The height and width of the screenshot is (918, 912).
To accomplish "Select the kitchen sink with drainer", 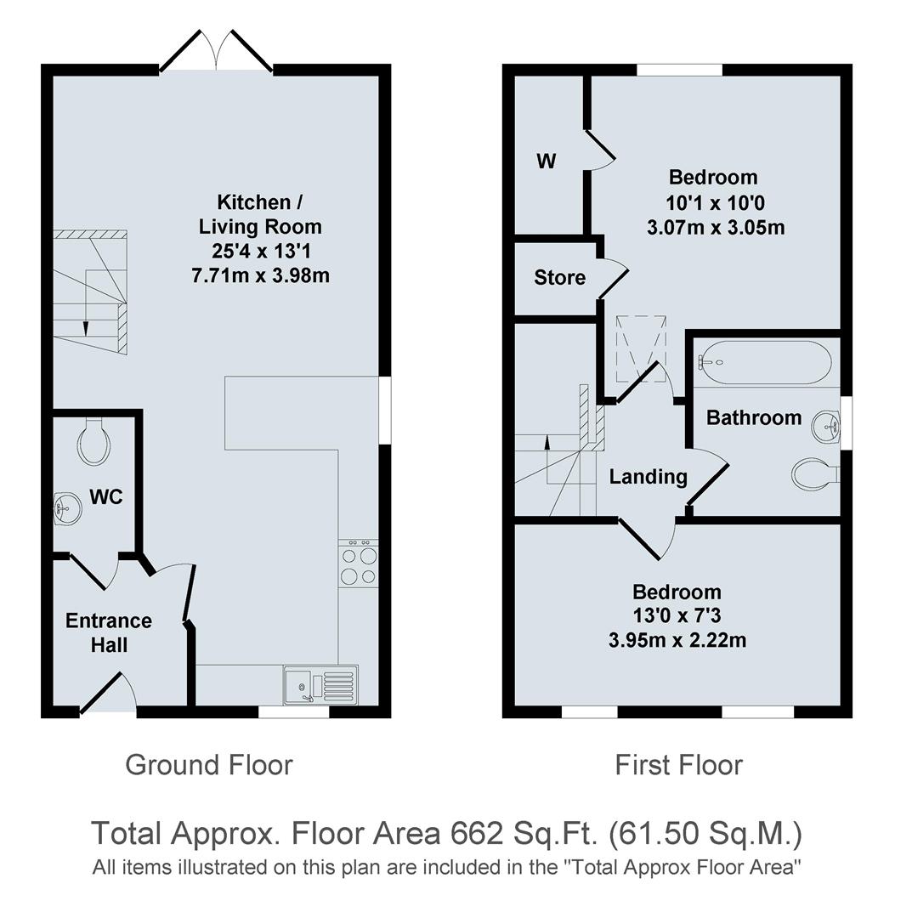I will [320, 685].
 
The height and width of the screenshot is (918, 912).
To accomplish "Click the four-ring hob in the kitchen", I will [358, 564].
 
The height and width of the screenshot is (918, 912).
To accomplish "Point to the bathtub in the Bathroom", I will [763, 362].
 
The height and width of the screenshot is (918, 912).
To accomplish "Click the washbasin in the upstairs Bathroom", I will [826, 426].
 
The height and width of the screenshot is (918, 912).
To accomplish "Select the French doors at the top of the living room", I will [216, 52].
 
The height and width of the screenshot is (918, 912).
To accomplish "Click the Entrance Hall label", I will [109, 632].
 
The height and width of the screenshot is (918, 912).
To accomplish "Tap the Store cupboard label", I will [559, 277].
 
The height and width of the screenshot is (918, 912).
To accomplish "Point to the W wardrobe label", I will [547, 161].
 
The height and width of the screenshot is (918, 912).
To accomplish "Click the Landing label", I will [648, 476].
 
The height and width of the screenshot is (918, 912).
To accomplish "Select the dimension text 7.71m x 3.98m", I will [260, 275].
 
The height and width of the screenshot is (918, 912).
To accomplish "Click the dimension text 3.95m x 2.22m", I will [677, 640].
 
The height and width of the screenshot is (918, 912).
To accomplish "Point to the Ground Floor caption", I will [208, 764].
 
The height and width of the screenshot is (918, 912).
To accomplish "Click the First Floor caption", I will [678, 764].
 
